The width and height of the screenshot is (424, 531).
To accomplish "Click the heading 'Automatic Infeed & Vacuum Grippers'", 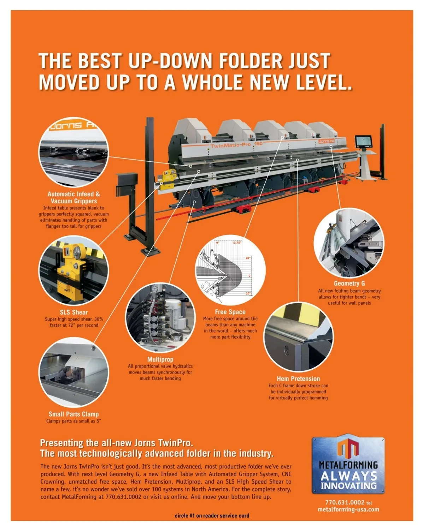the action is (x=74, y=197).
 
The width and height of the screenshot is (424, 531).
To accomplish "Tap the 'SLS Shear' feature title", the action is (x=74, y=312).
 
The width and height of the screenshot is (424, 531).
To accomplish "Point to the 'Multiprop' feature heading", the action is (x=160, y=359).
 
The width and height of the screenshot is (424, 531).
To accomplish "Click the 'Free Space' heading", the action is (x=230, y=312).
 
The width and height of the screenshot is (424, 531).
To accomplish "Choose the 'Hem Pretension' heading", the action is (x=298, y=378).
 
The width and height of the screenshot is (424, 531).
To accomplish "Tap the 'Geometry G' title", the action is (x=349, y=284).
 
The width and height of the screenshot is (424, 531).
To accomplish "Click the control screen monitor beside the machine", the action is (x=363, y=141).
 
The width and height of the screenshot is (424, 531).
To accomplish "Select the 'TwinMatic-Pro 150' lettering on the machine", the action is (x=236, y=145).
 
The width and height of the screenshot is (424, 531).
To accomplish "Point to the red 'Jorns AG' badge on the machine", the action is (x=326, y=141).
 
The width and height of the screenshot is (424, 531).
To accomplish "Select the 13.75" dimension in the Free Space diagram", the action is (x=236, y=243).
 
